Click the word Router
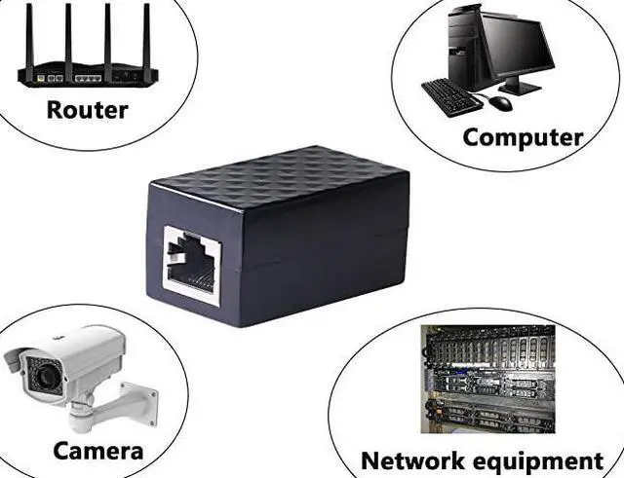(87, 109)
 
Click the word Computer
(523, 137)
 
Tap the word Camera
(97, 451)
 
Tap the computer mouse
(500, 101)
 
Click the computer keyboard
(451, 95)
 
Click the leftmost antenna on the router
(29, 34)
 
